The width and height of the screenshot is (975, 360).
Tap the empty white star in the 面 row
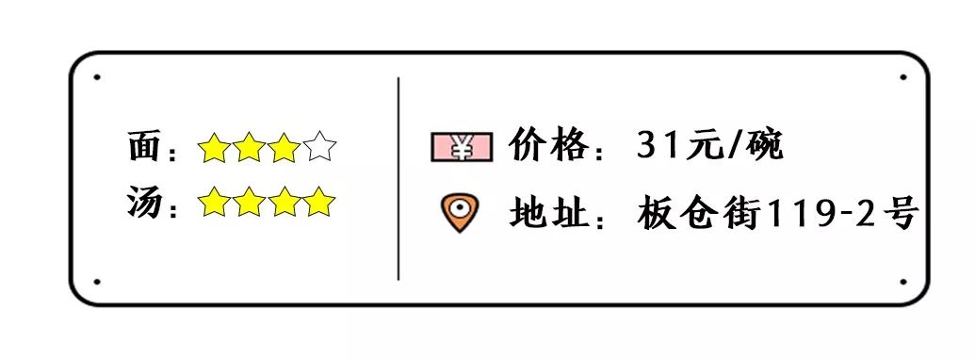point(320,148)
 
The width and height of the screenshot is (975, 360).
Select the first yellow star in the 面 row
point(214,148)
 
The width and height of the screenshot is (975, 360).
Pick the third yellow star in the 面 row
point(284,148)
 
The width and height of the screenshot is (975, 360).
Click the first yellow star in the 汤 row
point(214,202)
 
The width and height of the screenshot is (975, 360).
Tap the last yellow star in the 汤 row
point(320,202)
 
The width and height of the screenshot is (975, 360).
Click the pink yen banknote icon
point(462,147)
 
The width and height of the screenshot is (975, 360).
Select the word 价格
point(549,146)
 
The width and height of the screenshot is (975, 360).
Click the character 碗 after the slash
point(765,146)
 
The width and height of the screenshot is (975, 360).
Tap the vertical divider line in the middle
point(398,179)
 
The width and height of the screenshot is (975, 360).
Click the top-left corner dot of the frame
point(97,77)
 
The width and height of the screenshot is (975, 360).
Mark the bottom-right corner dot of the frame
point(902,281)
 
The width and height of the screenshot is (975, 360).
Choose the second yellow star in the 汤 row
point(249,202)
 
